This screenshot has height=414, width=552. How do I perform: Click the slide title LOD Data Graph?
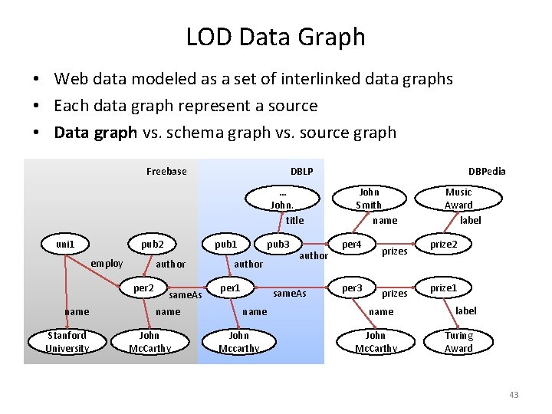(x=276, y=37)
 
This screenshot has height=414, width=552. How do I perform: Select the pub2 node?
(x=152, y=245)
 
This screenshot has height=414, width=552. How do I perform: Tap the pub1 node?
(x=225, y=245)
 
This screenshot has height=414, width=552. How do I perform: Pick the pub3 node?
(x=278, y=245)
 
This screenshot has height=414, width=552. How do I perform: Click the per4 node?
(x=352, y=245)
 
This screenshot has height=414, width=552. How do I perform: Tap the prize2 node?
(x=443, y=245)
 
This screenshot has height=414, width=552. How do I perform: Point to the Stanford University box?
(x=67, y=342)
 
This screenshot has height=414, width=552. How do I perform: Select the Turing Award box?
(x=458, y=342)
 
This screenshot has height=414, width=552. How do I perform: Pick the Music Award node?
(x=458, y=199)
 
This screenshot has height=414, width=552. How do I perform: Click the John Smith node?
(x=369, y=199)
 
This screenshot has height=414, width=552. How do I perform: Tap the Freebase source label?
(x=166, y=171)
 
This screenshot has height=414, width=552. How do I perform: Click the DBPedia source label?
(x=487, y=171)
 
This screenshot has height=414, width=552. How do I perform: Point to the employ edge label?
(x=107, y=264)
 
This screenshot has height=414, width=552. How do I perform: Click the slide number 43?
(x=513, y=395)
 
